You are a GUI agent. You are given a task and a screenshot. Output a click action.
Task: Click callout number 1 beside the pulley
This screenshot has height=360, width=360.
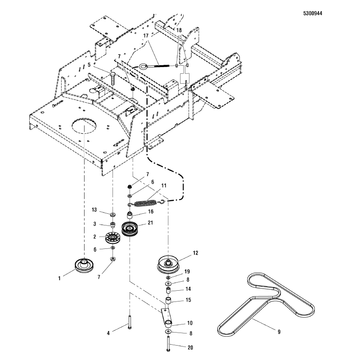[59, 279]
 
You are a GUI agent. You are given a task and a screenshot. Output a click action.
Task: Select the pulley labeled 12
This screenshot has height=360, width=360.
[169, 264]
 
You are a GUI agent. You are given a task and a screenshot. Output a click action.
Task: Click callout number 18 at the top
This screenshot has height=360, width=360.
[179, 30]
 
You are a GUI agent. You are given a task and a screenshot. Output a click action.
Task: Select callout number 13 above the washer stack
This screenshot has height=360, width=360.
[94, 210]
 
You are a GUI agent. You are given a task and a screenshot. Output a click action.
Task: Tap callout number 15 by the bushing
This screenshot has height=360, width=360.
[188, 299]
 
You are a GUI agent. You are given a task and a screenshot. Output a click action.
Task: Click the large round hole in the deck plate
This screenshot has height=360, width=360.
[85, 126]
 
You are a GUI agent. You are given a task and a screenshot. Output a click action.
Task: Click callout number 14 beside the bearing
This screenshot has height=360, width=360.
[188, 289]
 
